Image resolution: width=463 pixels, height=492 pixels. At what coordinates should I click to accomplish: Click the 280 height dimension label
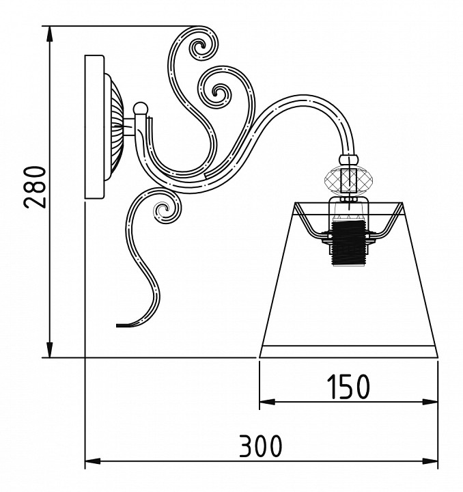pos(34,187)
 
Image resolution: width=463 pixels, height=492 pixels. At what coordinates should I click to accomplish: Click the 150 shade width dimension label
pos(348,387)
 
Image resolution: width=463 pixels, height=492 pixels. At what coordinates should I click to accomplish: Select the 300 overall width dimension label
pos(260,446)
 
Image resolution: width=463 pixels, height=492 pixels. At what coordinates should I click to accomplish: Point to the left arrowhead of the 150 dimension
pos(267,402)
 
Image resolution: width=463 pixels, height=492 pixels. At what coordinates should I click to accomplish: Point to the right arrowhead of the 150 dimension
pos(430,402)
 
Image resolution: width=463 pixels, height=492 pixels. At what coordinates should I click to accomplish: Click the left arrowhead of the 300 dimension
pos(93,461)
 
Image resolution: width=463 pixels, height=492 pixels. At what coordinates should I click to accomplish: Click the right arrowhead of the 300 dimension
pos(430,461)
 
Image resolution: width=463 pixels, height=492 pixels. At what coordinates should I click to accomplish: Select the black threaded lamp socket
pos(348,243)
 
